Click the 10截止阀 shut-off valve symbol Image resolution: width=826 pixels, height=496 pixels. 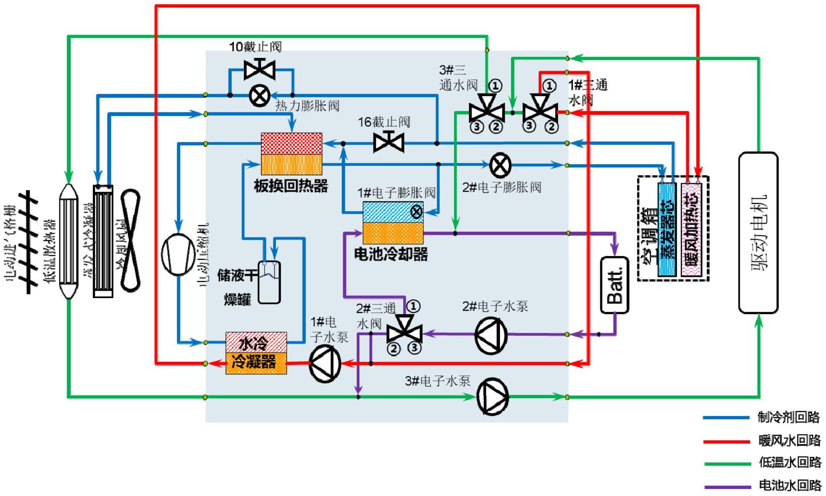coord(260,69)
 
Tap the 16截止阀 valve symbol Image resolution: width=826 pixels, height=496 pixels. coord(388,142)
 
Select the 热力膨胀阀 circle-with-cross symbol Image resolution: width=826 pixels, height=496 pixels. coord(260,96)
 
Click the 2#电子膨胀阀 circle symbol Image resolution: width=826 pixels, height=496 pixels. coord(500,165)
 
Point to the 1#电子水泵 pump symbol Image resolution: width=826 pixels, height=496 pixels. coord(325,364)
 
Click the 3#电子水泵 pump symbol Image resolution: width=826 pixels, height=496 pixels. coord(492,396)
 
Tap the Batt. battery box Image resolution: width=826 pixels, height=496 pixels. coord(615,285)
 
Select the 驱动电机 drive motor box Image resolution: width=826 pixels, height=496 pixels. coord(758,233)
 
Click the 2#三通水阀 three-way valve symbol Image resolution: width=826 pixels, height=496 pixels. coord(404,330)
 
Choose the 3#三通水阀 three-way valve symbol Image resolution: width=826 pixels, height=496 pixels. coord(487,108)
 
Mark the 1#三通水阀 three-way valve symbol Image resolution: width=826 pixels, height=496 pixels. coord(540,109)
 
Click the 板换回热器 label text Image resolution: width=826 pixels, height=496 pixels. coord(291,186)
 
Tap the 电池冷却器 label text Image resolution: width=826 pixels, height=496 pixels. coord(391,254)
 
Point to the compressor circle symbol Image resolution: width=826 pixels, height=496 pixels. coord(178,255)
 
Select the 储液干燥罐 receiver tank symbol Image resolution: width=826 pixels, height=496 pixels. coord(269,282)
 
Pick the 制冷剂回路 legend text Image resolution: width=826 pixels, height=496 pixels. coord(789,417)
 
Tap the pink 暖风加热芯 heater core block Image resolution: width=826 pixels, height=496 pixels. coord(691,230)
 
